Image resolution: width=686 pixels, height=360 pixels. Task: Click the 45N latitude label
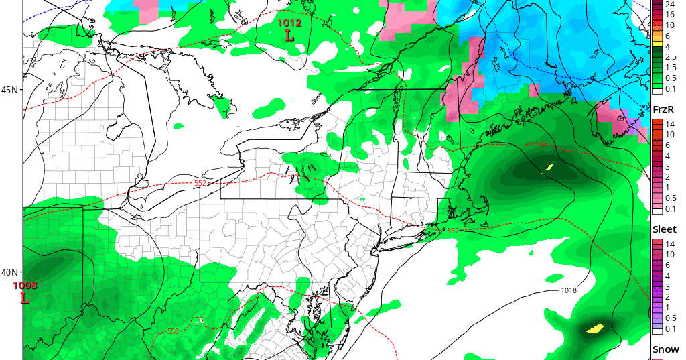click(10, 90)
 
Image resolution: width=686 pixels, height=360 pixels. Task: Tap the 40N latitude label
click(10, 272)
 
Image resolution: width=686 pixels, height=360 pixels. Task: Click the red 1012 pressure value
click(289, 23)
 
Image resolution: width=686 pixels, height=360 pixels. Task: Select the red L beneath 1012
click(289, 36)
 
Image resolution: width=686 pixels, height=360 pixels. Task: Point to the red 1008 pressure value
click(25, 286)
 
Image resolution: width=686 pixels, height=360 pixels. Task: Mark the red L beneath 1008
click(25, 298)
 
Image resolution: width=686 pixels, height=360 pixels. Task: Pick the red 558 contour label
click(174, 331)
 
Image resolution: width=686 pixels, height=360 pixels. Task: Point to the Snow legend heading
click(665, 350)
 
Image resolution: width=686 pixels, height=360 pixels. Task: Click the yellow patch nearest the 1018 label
click(594, 328)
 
